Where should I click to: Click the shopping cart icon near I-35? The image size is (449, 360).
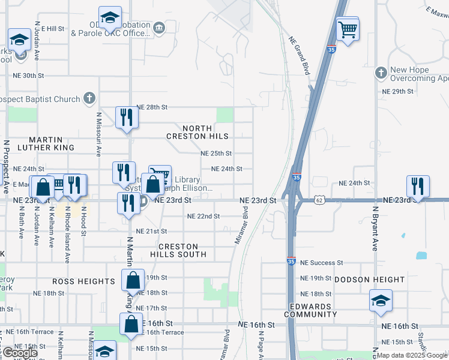(348, 29)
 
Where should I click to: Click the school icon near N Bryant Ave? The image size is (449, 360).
(381, 300)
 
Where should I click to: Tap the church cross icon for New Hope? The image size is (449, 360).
(380, 73)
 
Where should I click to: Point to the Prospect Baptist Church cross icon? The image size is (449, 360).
(89, 98)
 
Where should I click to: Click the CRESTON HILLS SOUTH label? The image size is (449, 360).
(182, 251)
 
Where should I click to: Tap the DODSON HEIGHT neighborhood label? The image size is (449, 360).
(369, 280)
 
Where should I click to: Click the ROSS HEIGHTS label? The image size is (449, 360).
(83, 281)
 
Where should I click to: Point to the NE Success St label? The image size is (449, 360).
(321, 263)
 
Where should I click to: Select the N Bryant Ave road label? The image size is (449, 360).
(375, 229)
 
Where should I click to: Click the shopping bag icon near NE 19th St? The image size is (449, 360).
(133, 280)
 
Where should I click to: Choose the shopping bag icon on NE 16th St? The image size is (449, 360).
(130, 323)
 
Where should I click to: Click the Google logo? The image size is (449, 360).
(19, 353)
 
